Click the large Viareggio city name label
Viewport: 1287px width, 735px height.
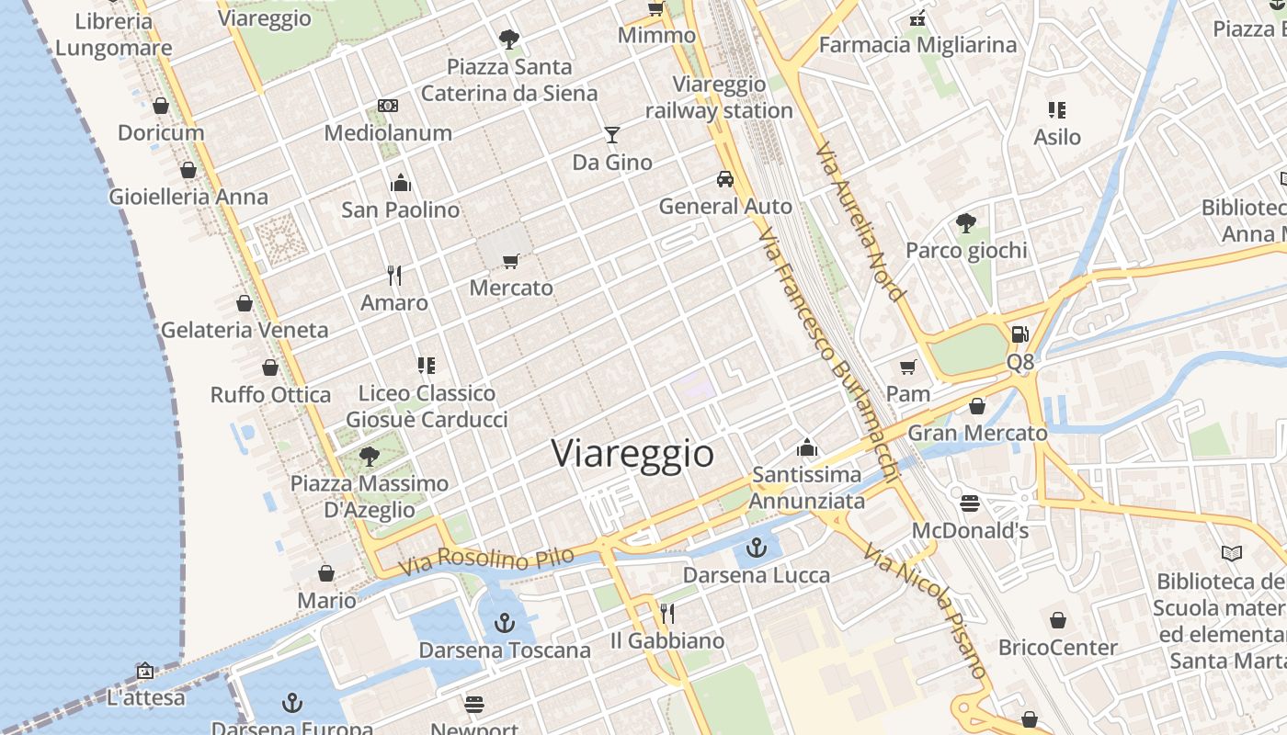(x=632, y=454)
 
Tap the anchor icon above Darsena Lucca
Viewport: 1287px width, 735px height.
(x=757, y=548)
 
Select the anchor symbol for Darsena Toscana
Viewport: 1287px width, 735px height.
(x=504, y=624)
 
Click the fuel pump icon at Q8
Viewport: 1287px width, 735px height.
(x=1019, y=335)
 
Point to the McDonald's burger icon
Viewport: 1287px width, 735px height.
(x=970, y=503)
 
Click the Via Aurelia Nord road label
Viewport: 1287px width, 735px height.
(x=859, y=220)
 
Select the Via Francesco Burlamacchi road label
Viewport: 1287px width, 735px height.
(x=827, y=354)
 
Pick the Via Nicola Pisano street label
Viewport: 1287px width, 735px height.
(x=925, y=610)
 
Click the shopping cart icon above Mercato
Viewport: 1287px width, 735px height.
(x=511, y=261)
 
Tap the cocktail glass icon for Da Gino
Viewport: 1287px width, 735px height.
(x=612, y=135)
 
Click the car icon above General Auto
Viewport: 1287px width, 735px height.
(x=725, y=179)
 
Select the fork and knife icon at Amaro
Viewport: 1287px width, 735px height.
(x=394, y=275)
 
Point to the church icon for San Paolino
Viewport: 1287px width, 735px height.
(x=400, y=183)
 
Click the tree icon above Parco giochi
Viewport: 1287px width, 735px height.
(x=965, y=222)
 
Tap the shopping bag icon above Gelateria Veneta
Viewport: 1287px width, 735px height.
(x=245, y=303)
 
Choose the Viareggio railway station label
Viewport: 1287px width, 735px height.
(x=719, y=97)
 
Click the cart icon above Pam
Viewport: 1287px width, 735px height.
(x=908, y=367)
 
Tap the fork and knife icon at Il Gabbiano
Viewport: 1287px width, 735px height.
(x=667, y=613)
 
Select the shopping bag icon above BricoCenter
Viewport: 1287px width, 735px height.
(x=1058, y=620)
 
